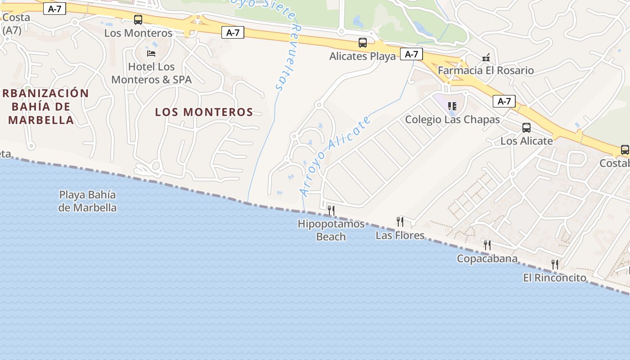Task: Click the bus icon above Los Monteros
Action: (138, 20)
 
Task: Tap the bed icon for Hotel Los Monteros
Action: (151, 53)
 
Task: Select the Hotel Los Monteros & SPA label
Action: (151, 73)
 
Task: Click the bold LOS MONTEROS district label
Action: (204, 112)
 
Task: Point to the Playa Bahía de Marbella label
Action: (88, 201)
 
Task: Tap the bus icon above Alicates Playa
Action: (363, 43)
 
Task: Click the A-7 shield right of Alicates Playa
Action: (411, 54)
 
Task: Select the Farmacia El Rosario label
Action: (486, 71)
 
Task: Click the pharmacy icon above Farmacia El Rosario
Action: (486, 58)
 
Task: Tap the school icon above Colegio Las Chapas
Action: (452, 106)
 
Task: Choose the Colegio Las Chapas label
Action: (452, 120)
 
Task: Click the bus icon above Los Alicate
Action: (526, 128)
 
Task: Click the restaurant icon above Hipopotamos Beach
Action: (331, 210)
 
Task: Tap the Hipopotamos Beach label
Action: (331, 230)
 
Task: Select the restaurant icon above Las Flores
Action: (400, 221)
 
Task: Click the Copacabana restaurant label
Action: (487, 259)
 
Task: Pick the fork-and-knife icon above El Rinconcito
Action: (555, 264)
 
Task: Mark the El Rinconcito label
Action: (554, 278)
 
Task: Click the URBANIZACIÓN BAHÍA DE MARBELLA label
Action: (44, 107)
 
